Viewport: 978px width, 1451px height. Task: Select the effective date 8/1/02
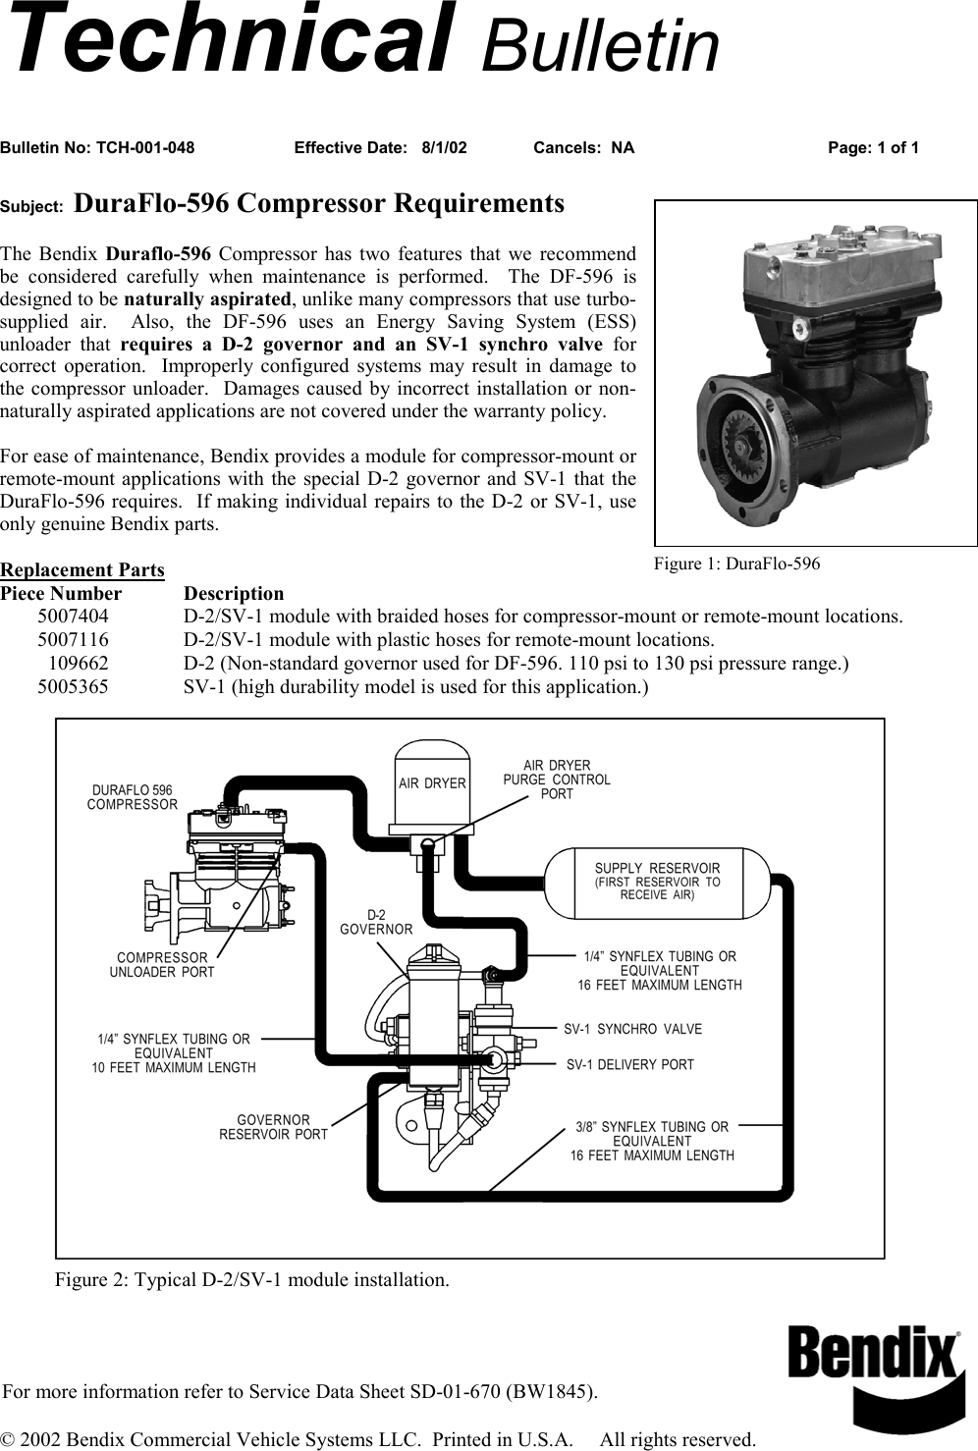pyautogui.click(x=444, y=148)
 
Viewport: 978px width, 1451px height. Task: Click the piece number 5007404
pyautogui.click(x=74, y=617)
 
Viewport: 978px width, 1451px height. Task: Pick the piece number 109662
pyautogui.click(x=79, y=664)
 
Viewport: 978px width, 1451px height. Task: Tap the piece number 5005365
pyautogui.click(x=74, y=687)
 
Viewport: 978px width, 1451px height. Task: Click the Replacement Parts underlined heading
pyautogui.click(x=82, y=570)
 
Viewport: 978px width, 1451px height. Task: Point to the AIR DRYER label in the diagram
pyautogui.click(x=432, y=783)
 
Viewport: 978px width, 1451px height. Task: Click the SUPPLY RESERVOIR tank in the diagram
pyautogui.click(x=657, y=881)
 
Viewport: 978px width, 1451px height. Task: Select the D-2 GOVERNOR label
pyautogui.click(x=376, y=922)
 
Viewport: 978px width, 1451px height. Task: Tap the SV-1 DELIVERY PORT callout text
pyautogui.click(x=629, y=1064)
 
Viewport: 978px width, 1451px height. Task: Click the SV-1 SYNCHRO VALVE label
pyautogui.click(x=632, y=1029)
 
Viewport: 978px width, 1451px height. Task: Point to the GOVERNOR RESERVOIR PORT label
pyautogui.click(x=273, y=1127)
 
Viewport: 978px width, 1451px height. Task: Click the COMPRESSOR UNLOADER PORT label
pyautogui.click(x=162, y=964)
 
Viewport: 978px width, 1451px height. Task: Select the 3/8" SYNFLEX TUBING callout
pyautogui.click(x=652, y=1141)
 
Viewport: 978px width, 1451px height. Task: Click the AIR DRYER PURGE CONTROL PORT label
pyautogui.click(x=557, y=779)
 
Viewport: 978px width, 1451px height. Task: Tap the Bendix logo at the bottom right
pyautogui.click(x=874, y=1370)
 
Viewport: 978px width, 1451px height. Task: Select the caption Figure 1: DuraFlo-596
pyautogui.click(x=736, y=564)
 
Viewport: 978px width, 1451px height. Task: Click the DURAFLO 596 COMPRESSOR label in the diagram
pyautogui.click(x=133, y=797)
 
